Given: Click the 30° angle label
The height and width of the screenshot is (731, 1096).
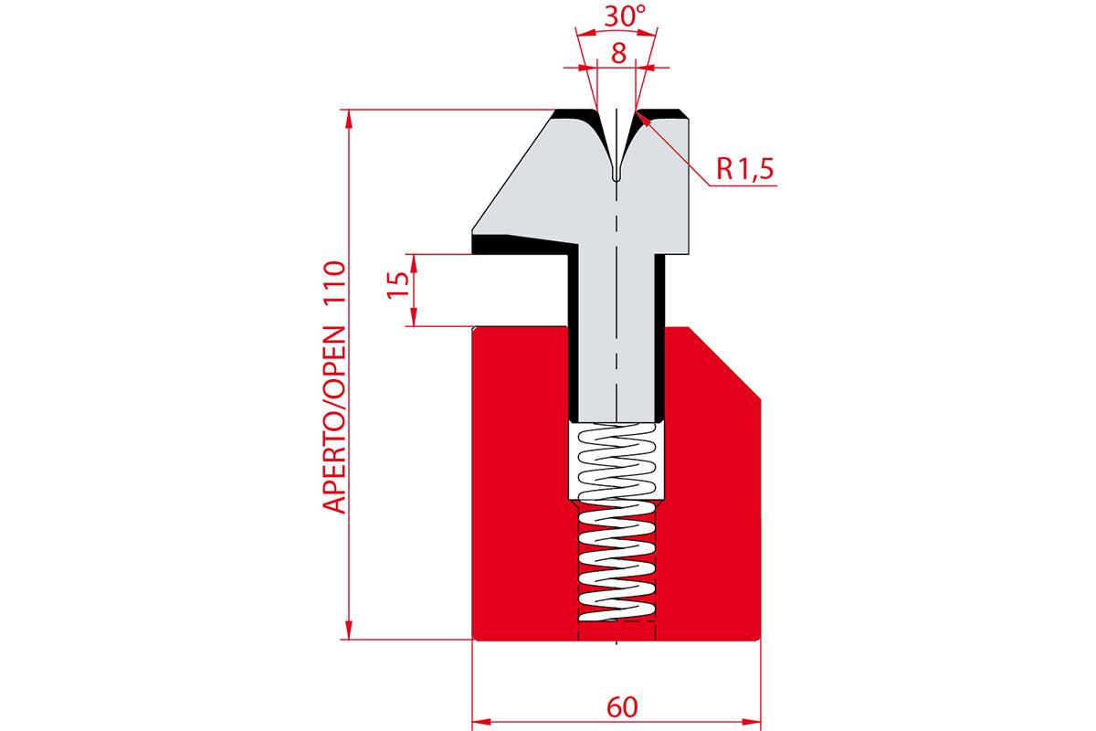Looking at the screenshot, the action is pos(626,16).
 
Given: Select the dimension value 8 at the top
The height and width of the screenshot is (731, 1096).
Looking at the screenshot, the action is pos(618,53).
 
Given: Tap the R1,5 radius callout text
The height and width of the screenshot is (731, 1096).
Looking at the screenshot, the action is pos(745,169).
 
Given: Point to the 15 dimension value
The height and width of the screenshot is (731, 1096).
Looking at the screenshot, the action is pos(398,285).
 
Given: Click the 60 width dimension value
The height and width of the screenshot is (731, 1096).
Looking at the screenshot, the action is pos(622,707).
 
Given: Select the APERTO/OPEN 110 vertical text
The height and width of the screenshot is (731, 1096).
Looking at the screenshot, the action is pos(334,387).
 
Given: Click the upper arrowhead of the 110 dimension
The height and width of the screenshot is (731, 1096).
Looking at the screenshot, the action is pos(348,119).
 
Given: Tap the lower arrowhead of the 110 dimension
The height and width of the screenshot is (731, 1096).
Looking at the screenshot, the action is pos(348,630).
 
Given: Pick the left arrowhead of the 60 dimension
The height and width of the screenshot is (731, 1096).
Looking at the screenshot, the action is pos(481,722).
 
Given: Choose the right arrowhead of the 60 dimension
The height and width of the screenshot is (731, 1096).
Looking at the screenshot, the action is pos(752,722).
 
